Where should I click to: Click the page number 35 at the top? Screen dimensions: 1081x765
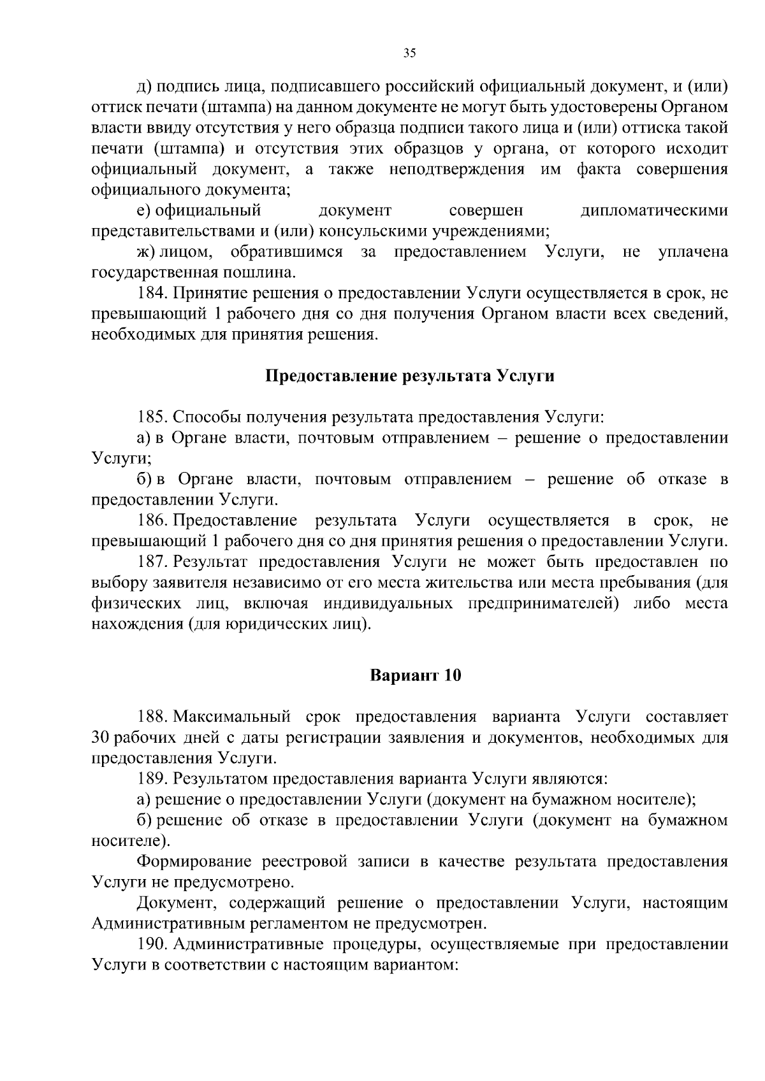[410, 54]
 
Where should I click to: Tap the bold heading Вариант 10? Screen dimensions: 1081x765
[416, 675]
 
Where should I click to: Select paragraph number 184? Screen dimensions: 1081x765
[152, 293]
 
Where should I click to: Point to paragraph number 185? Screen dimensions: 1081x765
[152, 417]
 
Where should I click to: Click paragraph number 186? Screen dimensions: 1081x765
[152, 520]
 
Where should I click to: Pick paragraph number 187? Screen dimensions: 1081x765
[152, 562]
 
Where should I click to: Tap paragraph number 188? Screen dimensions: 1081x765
[152, 717]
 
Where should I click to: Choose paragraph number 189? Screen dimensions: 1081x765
[152, 778]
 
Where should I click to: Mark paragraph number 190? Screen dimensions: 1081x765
[152, 944]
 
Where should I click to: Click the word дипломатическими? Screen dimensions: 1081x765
[654, 211]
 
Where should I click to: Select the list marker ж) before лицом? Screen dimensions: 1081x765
[146, 252]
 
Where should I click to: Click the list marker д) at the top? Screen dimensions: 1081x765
[144, 86]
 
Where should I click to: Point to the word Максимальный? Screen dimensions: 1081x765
[232, 717]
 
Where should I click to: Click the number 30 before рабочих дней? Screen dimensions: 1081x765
[101, 738]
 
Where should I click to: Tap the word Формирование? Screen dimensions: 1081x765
[194, 862]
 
